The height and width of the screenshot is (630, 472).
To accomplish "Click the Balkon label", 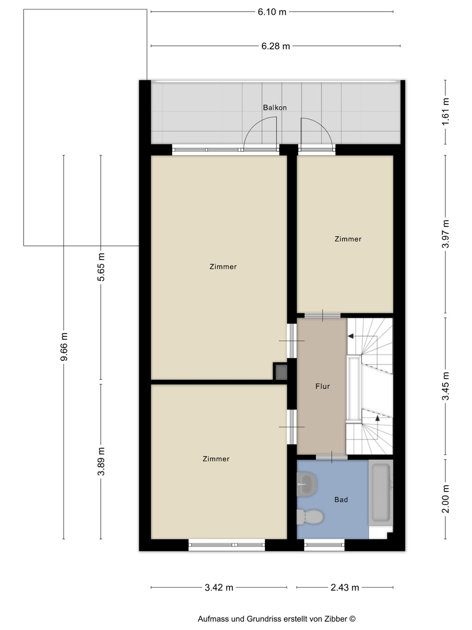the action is tap(274, 108).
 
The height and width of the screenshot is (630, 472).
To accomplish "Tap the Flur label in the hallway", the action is tap(322, 386).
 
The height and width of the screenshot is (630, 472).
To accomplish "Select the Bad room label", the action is tap(341, 500).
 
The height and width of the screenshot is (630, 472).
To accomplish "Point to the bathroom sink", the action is tap(307, 485).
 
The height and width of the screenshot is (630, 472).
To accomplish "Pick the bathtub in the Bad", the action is tap(381, 493).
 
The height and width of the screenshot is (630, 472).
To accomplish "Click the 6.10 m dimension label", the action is tap(272, 12).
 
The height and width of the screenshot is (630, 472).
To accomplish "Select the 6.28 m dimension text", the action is tap(275, 46).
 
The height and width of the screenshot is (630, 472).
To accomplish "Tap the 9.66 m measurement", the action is tap(64, 346).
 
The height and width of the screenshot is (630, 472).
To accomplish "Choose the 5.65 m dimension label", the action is tap(101, 267).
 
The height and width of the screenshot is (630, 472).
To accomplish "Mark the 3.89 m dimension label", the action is tap(101, 461).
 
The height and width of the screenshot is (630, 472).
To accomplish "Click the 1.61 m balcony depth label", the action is tap(445, 112).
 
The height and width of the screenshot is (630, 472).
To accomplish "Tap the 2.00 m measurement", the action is tap(445, 499).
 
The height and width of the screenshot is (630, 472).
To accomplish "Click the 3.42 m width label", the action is tap(219, 588).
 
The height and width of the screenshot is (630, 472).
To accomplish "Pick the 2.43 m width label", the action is tap(345, 588).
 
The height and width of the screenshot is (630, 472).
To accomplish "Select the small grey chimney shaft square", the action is tap(281, 372).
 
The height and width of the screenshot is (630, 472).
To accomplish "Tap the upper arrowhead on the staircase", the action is tap(350, 336).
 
